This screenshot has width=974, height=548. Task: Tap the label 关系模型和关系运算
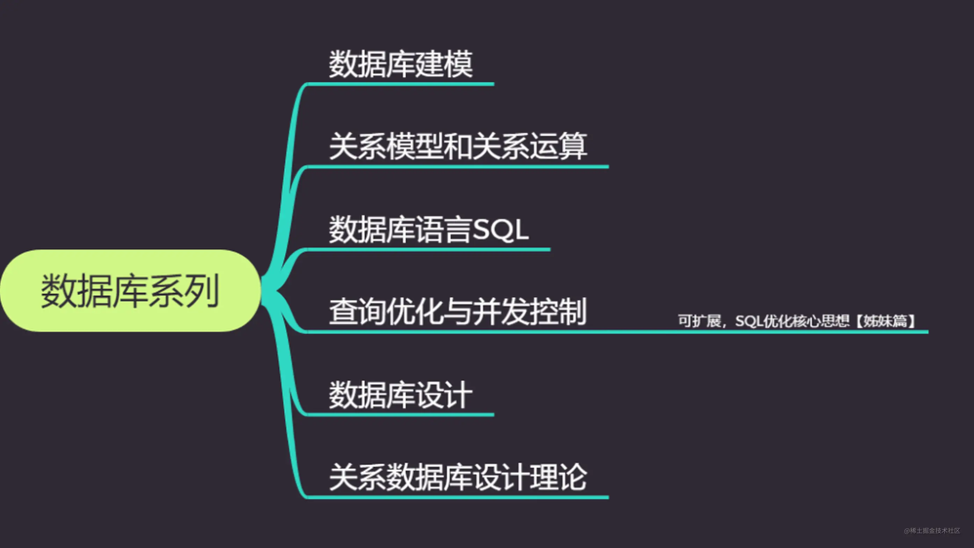click(x=458, y=146)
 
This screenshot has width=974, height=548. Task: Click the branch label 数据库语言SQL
click(x=428, y=229)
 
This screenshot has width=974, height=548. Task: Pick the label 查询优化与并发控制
click(x=458, y=312)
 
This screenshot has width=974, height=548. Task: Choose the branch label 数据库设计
click(x=400, y=395)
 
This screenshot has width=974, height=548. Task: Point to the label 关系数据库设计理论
click(x=458, y=477)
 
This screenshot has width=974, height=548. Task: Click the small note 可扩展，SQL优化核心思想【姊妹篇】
click(x=796, y=321)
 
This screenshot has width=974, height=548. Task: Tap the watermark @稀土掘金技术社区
click(x=932, y=531)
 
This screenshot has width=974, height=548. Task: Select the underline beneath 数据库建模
click(x=400, y=84)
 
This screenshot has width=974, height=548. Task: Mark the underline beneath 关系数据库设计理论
click(x=458, y=497)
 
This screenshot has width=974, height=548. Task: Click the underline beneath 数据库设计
click(x=400, y=415)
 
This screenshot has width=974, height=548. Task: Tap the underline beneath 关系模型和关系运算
click(x=458, y=167)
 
